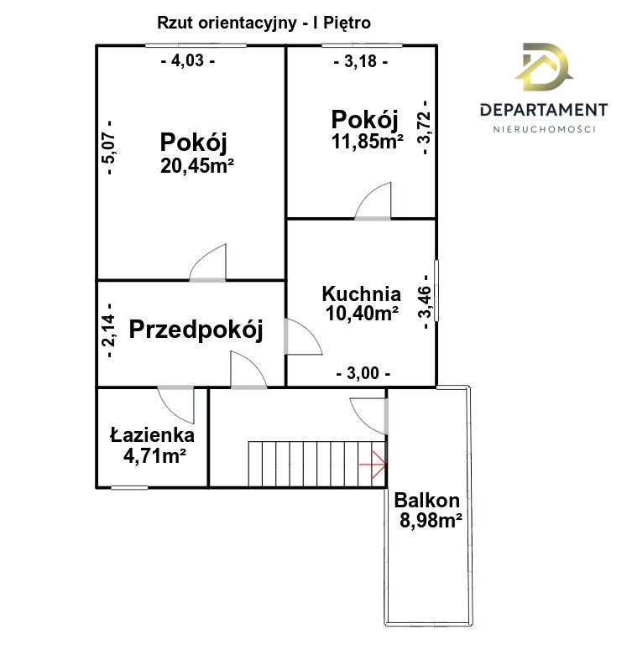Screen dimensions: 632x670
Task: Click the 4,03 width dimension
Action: coord(188,60)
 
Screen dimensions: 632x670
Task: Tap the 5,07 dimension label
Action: coord(110,148)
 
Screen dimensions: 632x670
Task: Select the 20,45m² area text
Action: coord(196,166)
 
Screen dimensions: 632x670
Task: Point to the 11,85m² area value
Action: coord(368,142)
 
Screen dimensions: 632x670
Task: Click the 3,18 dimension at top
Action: coord(360,61)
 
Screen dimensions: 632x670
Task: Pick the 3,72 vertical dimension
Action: coord(426,127)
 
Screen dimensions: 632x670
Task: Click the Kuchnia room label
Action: coord(362,294)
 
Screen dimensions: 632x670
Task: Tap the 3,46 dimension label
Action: coord(426,302)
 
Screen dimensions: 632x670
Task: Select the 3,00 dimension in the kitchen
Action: coord(363,373)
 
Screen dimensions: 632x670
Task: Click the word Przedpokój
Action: coord(196,330)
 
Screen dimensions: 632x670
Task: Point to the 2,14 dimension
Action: coord(110,330)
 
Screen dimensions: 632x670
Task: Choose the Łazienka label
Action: coord(152,434)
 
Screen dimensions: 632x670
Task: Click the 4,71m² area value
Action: coord(154,456)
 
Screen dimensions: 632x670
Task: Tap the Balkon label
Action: coord(426,501)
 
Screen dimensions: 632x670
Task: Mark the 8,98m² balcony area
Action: coord(431,521)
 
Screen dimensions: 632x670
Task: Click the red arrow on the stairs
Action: coord(373,465)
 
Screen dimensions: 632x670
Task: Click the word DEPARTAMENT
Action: coord(544,110)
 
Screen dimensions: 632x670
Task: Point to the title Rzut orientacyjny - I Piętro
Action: coord(264,23)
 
